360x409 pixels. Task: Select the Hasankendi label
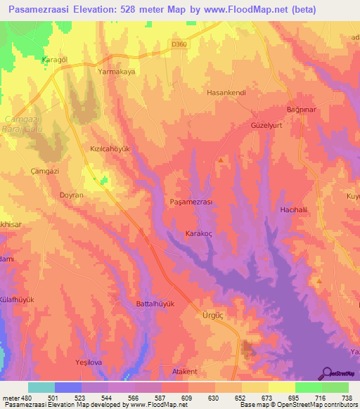click(x=223, y=92)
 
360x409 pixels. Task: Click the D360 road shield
click(x=180, y=44)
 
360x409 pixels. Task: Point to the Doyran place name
click(x=72, y=195)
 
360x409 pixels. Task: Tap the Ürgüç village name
click(x=212, y=316)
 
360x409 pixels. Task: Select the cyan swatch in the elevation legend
click(x=41, y=387)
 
